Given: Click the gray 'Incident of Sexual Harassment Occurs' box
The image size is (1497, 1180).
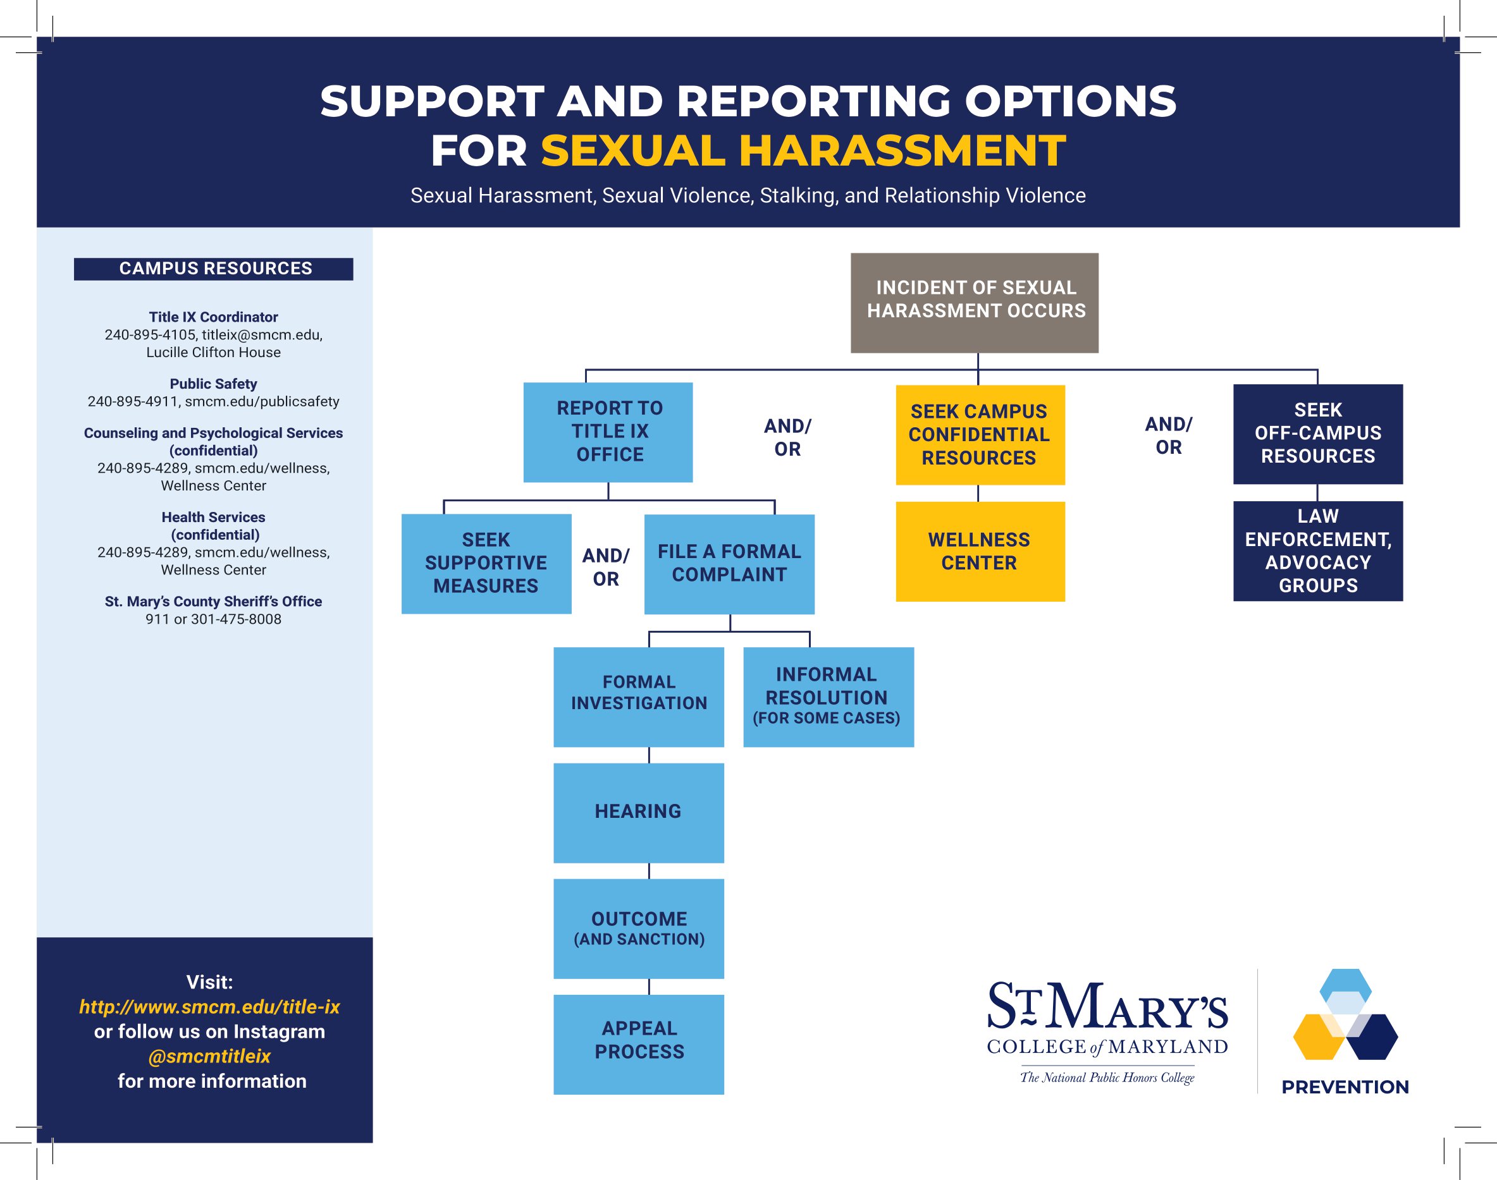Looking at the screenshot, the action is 975,303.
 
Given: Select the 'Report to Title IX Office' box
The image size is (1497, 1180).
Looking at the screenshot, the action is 608,432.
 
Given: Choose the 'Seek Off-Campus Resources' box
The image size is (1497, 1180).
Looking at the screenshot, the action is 1318,434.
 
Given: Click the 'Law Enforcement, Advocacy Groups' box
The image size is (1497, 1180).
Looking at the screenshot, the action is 1318,550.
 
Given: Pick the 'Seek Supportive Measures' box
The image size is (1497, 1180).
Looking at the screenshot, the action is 486,564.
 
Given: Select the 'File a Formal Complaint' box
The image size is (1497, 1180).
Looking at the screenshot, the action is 729,564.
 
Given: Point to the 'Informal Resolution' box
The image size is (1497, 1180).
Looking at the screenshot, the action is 829,697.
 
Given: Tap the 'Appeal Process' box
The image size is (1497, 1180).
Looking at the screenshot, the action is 639,1045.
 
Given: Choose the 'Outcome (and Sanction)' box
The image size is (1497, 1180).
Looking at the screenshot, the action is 639,928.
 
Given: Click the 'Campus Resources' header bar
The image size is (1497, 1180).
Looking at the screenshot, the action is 214,269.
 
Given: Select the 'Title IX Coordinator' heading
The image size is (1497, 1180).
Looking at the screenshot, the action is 214,317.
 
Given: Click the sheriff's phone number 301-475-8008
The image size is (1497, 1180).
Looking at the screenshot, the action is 237,619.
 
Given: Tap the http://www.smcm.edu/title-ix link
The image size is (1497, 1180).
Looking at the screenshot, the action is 209,1007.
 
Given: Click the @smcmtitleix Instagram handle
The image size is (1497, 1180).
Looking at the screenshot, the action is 209,1056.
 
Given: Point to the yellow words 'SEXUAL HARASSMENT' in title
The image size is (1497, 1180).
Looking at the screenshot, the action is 803,150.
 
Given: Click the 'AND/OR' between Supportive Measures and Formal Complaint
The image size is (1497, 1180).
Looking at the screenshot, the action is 605,567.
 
